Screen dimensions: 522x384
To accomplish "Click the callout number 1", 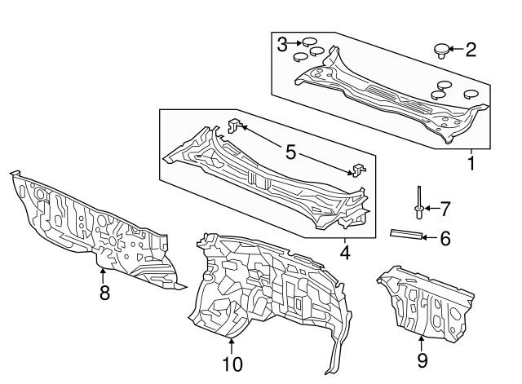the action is point(471,163).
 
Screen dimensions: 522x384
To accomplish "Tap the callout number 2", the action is point(471,50).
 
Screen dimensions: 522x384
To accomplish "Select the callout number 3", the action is point(282,44).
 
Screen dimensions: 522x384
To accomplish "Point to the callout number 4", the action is point(345,253).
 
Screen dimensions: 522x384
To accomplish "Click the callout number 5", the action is point(290,152).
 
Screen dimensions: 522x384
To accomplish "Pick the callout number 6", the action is point(445,238).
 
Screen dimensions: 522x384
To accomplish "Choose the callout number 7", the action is point(445,209).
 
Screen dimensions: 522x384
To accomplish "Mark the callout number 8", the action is point(104,293).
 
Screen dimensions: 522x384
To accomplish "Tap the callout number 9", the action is point(422,360).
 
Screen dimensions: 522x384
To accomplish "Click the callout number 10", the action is point(232,364).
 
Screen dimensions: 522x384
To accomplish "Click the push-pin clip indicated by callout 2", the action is point(441,51).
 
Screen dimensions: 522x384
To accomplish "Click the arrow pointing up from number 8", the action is point(103,276).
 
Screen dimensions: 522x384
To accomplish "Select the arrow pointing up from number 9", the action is point(422,344).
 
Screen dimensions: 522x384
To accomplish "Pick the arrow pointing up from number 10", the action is point(231,346).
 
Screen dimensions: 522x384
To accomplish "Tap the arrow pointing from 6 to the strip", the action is point(430,237).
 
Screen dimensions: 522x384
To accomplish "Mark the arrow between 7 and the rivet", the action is point(431,208).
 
